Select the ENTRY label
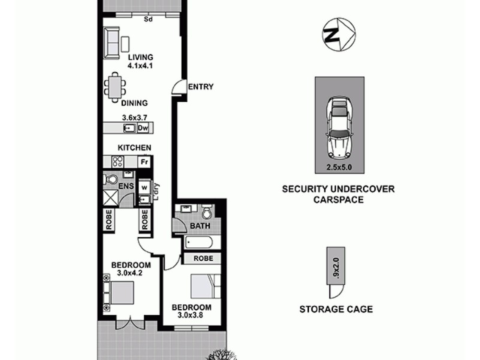pyautogui.click(x=200, y=87)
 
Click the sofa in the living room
pyautogui.click(x=112, y=43)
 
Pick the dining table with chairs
pyautogui.click(x=114, y=87)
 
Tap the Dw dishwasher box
pyautogui.click(x=143, y=128)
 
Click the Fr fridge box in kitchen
pyautogui.click(x=143, y=161)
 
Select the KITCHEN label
pyautogui.click(x=134, y=148)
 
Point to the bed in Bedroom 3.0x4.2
pyautogui.click(x=120, y=295)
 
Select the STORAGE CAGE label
pyautogui.click(x=336, y=310)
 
